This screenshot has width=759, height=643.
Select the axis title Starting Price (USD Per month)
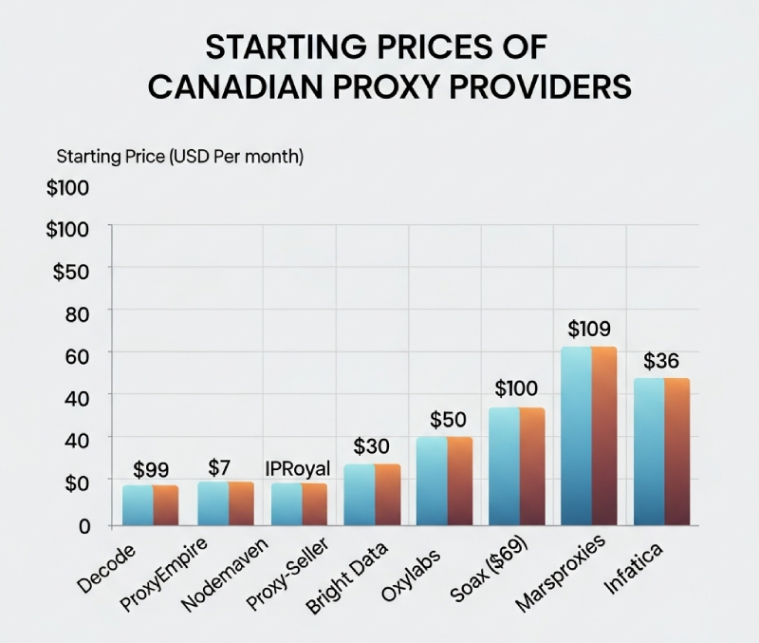tap(180, 157)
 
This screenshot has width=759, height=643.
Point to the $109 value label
tap(590, 330)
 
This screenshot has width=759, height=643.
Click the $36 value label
tap(663, 362)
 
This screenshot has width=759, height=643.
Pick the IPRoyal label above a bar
tap(298, 467)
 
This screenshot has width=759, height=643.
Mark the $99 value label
tap(151, 469)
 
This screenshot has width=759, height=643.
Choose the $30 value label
tap(372, 446)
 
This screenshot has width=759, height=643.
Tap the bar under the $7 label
tap(225, 503)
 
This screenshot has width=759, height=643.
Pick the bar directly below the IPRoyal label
tap(299, 504)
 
